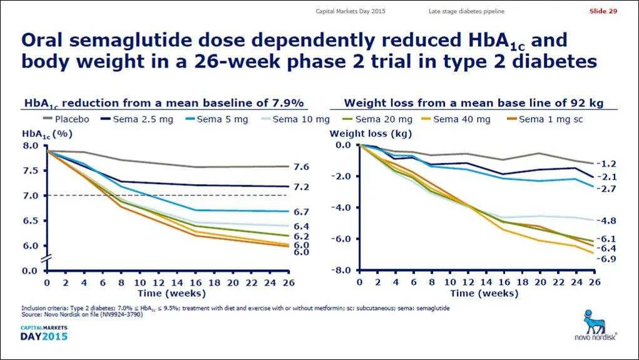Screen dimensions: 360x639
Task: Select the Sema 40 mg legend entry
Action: click(455, 119)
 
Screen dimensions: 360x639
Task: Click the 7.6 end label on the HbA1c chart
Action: click(301, 167)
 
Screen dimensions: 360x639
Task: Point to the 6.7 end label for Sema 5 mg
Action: click(301, 212)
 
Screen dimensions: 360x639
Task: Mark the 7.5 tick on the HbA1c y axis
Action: click(31, 171)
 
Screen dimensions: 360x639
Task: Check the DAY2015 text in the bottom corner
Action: click(43, 337)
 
